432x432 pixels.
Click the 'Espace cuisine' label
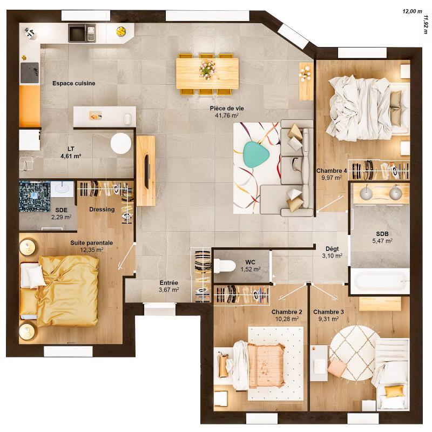[x=74, y=83]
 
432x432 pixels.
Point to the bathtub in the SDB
[x=380, y=281]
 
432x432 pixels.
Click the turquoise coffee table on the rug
[x=256, y=154]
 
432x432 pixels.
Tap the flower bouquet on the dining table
[x=207, y=68]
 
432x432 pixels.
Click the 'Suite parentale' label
[x=91, y=243]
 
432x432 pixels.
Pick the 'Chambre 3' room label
[x=328, y=312]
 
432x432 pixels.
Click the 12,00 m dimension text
[x=412, y=11]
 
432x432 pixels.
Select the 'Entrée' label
[x=168, y=283]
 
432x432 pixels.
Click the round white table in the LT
[x=121, y=144]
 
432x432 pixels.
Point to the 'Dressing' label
[x=102, y=210]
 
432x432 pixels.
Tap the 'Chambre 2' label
[x=287, y=312]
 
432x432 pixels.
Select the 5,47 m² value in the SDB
[x=382, y=241]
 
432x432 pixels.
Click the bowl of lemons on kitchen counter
[x=122, y=31]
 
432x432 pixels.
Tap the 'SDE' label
[x=61, y=210]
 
